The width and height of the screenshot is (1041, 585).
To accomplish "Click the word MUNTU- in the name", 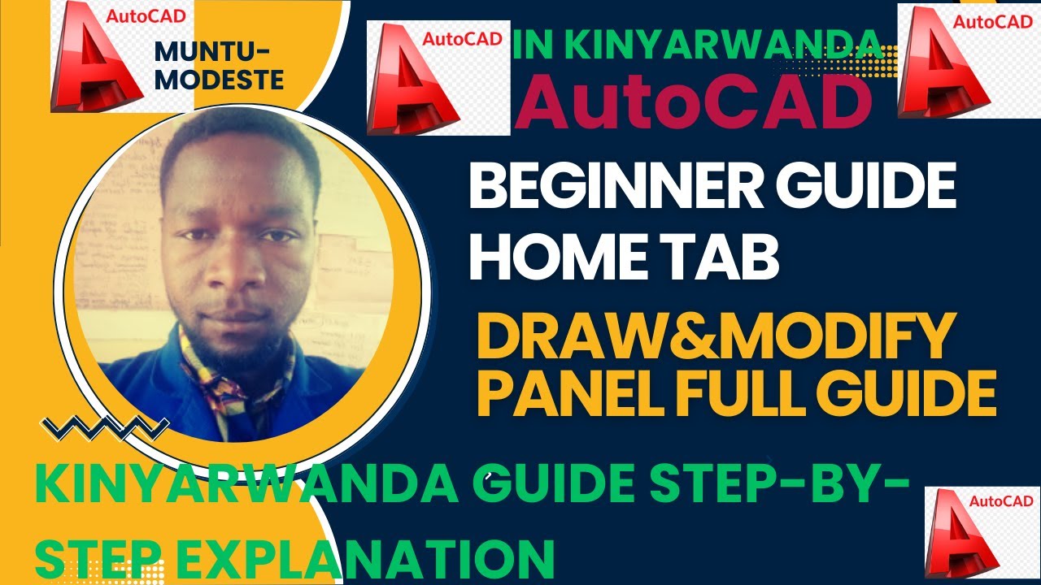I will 212,52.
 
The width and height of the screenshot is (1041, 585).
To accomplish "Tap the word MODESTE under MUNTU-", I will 219,80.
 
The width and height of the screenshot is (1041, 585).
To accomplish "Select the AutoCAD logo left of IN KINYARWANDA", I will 438,78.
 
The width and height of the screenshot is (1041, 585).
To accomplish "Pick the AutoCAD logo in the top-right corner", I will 969,61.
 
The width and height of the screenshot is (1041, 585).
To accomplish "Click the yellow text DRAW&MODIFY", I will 713,339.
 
